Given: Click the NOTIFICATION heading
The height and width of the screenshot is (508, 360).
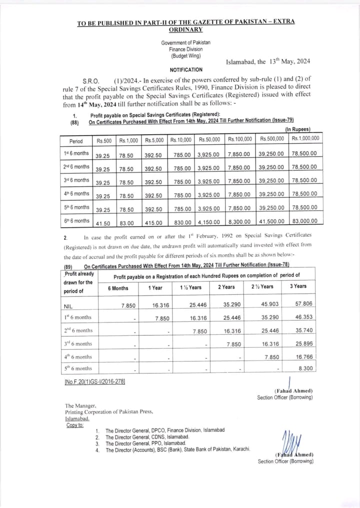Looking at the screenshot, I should pyautogui.click(x=186, y=70).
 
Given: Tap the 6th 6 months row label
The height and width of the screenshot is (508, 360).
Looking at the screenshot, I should pyautogui.click(x=76, y=221).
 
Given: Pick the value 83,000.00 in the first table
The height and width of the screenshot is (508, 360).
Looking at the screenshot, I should pyautogui.click(x=304, y=222).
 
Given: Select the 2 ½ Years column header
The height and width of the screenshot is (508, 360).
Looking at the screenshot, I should pyautogui.click(x=261, y=287).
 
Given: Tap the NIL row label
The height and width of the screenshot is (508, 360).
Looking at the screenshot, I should pyautogui.click(x=68, y=306).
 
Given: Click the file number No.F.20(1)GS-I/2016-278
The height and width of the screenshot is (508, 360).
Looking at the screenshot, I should pyautogui.click(x=94, y=382).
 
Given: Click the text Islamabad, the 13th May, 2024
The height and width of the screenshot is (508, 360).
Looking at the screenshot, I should pyautogui.click(x=268, y=62).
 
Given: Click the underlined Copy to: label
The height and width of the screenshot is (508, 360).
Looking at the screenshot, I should pyautogui.click(x=75, y=425).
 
